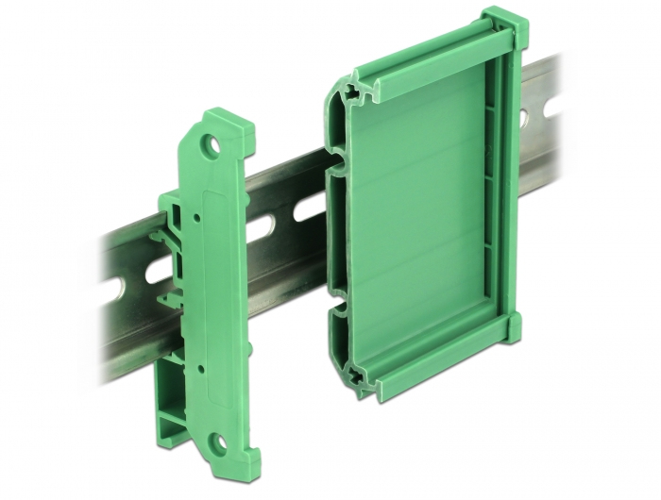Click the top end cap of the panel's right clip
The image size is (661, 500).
[500, 24]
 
